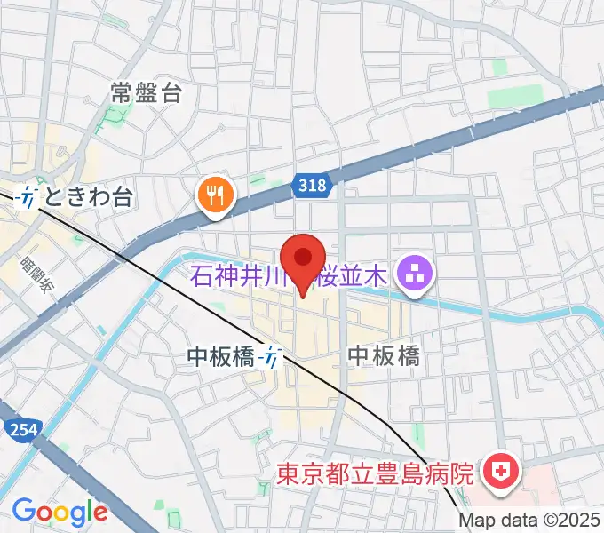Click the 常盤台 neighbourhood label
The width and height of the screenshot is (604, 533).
(x=147, y=91)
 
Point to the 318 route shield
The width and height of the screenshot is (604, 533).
(x=312, y=185)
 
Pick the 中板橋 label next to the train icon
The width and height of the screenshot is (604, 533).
(x=222, y=357)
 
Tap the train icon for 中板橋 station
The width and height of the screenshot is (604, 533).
(x=271, y=358)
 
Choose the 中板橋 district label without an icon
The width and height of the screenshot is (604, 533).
(x=383, y=356)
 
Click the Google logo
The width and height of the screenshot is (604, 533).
(x=60, y=512)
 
